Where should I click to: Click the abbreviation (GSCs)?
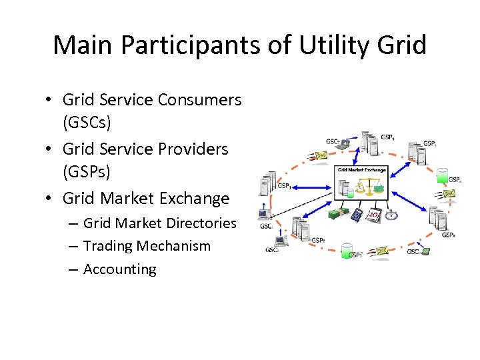[x=87, y=123]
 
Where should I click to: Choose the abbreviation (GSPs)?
[x=86, y=172]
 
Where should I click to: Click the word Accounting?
[x=120, y=269]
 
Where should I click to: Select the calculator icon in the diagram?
[x=357, y=215]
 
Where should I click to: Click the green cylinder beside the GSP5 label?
[x=345, y=251]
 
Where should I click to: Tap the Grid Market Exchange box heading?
[x=362, y=170]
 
